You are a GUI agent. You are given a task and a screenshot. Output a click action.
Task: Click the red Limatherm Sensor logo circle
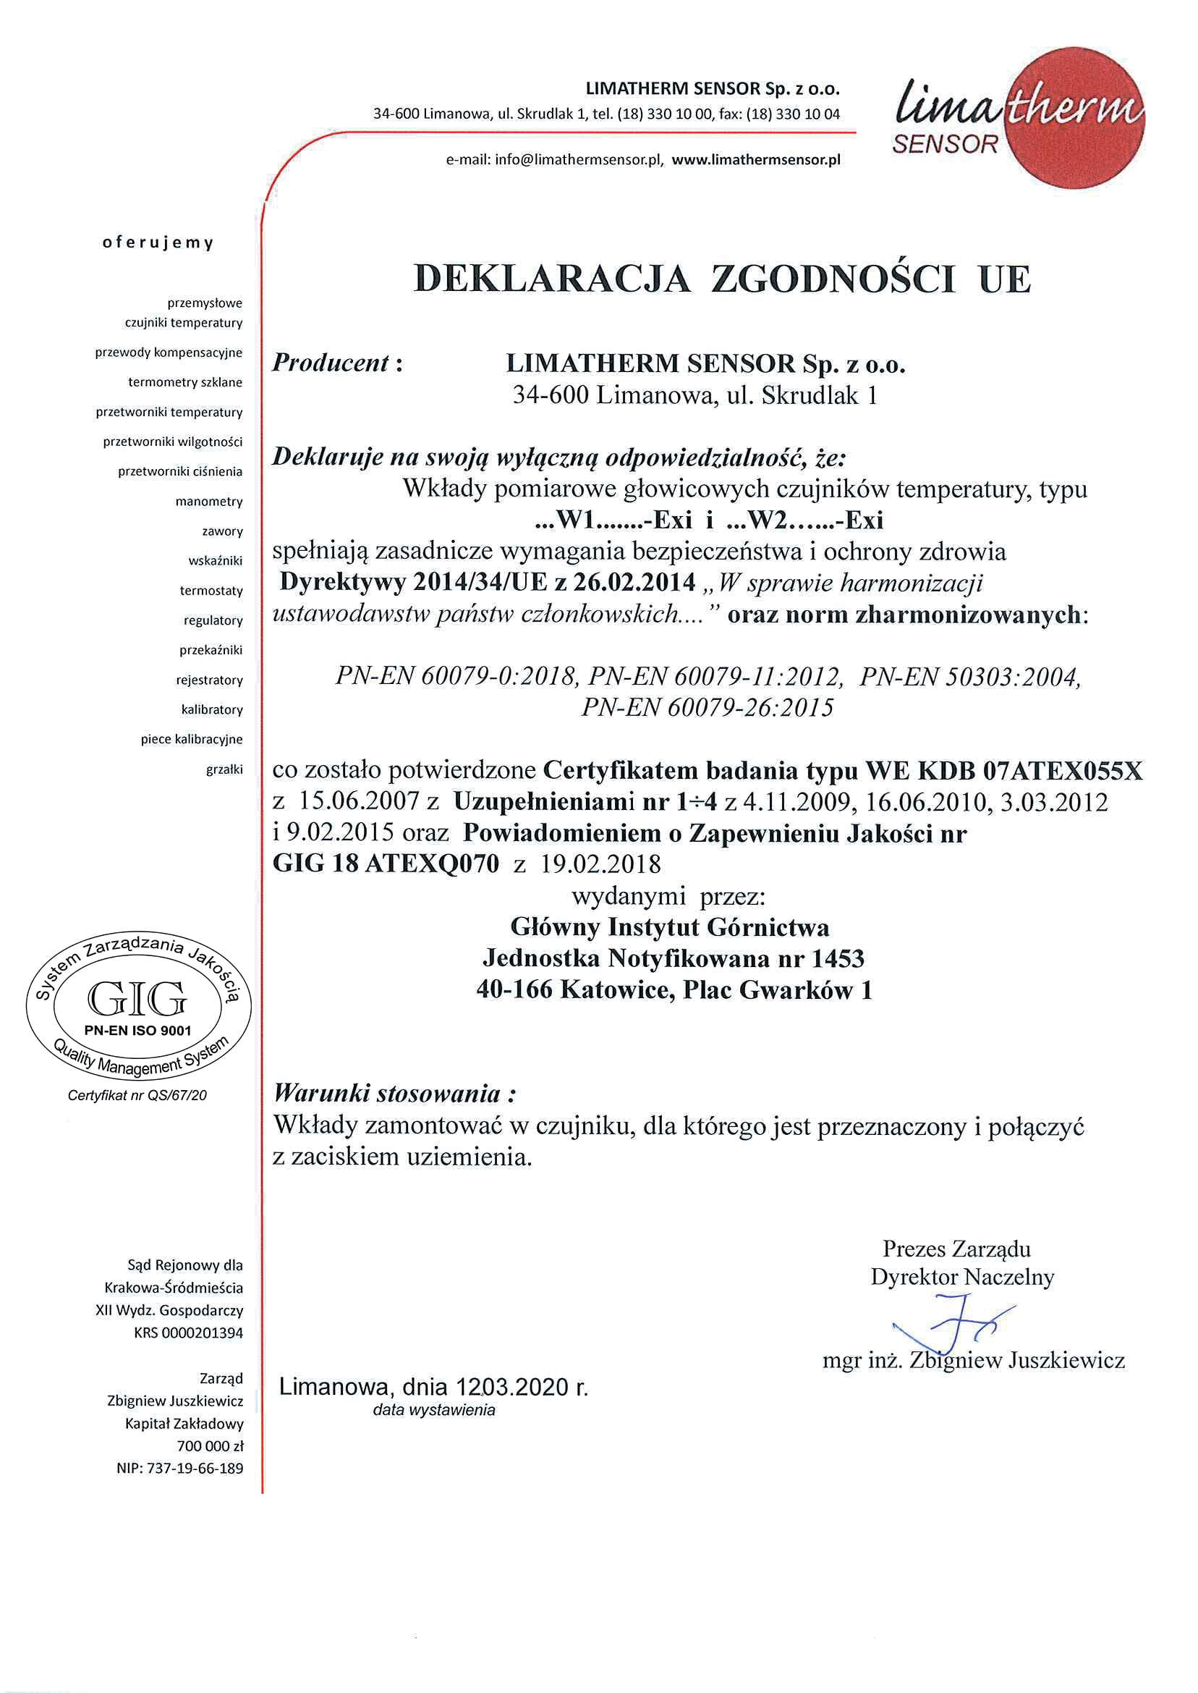click(1077, 118)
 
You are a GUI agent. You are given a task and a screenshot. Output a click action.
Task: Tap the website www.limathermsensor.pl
click(755, 160)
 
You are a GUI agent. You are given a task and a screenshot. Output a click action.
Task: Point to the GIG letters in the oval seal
click(137, 1000)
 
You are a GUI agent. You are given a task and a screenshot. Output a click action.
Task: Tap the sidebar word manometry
click(209, 502)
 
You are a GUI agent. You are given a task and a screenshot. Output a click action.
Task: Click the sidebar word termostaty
click(211, 591)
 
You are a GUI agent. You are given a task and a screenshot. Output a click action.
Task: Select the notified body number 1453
click(837, 958)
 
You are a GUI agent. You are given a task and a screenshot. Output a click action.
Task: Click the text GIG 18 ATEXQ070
click(386, 864)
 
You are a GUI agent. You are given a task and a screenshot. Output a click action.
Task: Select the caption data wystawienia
click(434, 1410)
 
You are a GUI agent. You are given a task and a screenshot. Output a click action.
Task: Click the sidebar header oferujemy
click(158, 242)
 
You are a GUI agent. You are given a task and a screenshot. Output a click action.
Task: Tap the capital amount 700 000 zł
click(210, 1445)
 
